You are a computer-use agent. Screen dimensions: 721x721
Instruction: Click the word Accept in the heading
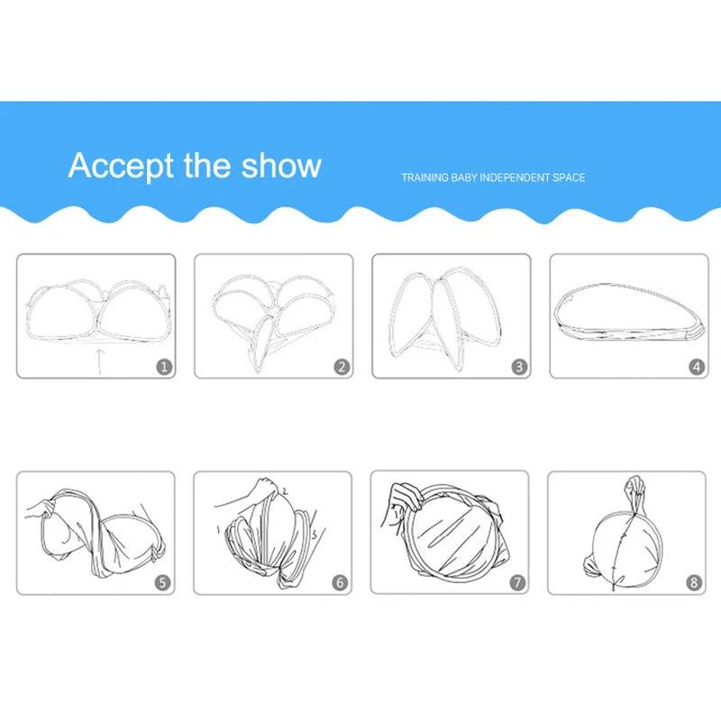pyautogui.click(x=122, y=166)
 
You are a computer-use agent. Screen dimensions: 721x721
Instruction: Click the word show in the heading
pyautogui.click(x=281, y=165)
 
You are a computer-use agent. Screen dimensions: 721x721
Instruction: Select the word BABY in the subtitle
pyautogui.click(x=464, y=178)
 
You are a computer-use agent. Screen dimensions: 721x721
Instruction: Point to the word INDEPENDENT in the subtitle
pyautogui.click(x=515, y=178)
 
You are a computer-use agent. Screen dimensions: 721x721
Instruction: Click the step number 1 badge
pyautogui.click(x=164, y=367)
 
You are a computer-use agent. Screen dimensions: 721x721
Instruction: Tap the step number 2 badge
pyautogui.click(x=342, y=367)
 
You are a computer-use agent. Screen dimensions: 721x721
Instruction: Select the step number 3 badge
pyautogui.click(x=519, y=367)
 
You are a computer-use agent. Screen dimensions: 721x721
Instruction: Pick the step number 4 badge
pyautogui.click(x=697, y=367)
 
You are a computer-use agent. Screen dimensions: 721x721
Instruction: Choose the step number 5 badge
pyautogui.click(x=162, y=582)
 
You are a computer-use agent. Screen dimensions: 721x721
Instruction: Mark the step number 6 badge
pyautogui.click(x=340, y=582)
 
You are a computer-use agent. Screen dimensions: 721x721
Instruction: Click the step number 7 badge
pyautogui.click(x=517, y=582)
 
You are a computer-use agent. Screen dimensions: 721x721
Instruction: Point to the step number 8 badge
pyautogui.click(x=694, y=582)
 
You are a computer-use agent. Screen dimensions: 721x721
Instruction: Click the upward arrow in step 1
pyautogui.click(x=100, y=362)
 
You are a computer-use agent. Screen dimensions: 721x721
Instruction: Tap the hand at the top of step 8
pyautogui.click(x=637, y=485)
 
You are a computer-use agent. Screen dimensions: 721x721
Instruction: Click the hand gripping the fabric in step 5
pyautogui.click(x=42, y=508)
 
